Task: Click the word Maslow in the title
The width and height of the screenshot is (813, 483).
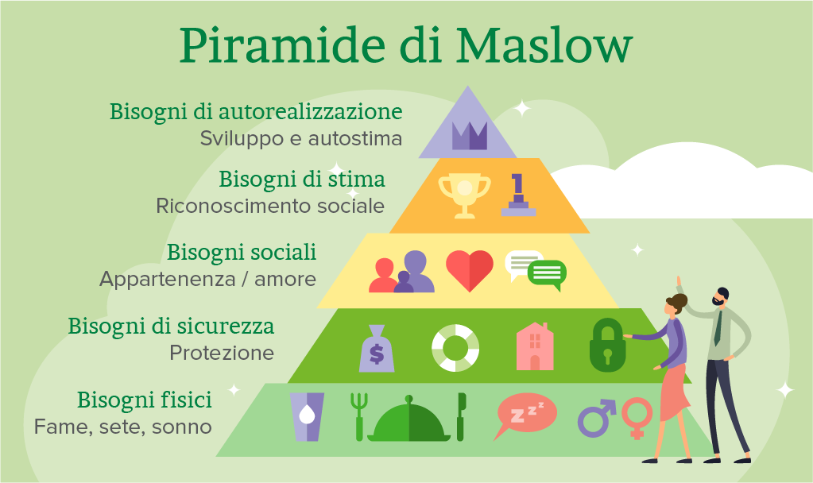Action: (544, 45)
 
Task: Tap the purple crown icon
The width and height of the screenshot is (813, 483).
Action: (469, 136)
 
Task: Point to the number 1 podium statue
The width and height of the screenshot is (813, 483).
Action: (518, 195)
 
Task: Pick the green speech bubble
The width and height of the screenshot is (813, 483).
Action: (547, 274)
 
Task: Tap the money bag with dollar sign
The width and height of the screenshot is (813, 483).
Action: (377, 348)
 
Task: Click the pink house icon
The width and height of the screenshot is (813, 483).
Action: (535, 346)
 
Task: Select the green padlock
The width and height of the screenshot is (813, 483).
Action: (608, 345)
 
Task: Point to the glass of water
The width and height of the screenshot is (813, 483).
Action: (307, 416)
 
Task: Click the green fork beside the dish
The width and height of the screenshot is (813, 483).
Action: (358, 416)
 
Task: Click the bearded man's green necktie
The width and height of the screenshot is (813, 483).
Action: (718, 328)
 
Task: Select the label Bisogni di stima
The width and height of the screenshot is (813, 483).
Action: (302, 180)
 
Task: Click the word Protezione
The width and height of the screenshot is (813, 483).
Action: (222, 353)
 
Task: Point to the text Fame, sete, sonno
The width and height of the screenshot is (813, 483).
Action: (123, 427)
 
